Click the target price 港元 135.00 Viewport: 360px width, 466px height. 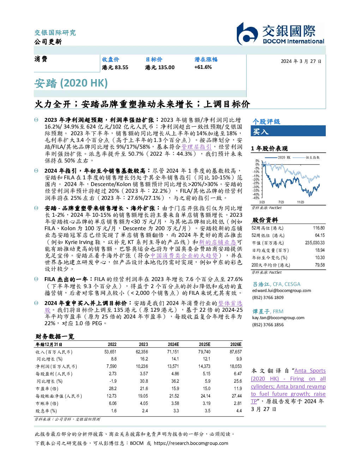click(x=160, y=67)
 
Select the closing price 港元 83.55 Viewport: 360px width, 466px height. click(x=115, y=67)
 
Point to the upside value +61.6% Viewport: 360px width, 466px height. click(x=203, y=67)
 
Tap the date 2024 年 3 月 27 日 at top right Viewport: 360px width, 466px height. click(x=301, y=61)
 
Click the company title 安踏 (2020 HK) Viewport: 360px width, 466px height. click(x=71, y=83)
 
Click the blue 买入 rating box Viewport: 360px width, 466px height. click(x=288, y=131)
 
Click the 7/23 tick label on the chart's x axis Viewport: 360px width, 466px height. click(x=281, y=202)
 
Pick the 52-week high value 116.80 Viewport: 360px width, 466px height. click(x=319, y=228)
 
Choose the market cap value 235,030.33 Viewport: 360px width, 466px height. click(x=315, y=243)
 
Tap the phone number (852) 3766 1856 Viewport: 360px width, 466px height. click(x=268, y=325)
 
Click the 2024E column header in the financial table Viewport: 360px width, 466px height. click(x=173, y=345)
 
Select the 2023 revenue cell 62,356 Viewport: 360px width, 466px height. click(x=142, y=352)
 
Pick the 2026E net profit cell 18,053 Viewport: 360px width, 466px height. click(x=236, y=366)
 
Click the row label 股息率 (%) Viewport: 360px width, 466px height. click(x=46, y=411)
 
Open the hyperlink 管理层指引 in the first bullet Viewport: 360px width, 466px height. click(x=196, y=147)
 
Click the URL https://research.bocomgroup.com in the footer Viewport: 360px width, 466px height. click(x=191, y=443)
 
